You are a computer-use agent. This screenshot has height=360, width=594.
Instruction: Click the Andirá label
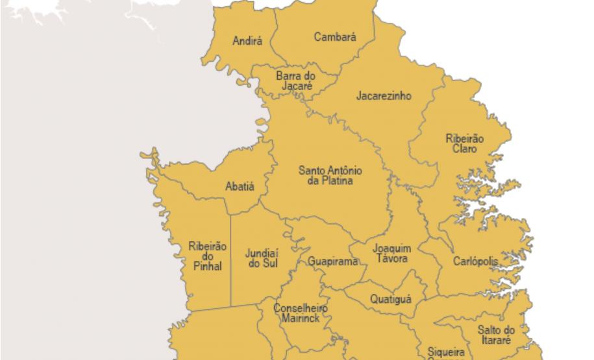coord(247,42)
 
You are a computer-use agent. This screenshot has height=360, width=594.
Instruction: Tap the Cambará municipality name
coord(335,38)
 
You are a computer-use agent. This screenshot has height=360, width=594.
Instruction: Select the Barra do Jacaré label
coord(295,81)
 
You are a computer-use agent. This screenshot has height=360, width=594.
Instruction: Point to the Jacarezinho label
coord(384,96)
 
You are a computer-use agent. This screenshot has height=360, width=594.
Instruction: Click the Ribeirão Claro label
coord(465,143)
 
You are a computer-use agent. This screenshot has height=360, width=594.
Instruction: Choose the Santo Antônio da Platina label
coord(330,176)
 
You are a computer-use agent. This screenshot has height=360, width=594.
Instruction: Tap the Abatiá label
coord(240,187)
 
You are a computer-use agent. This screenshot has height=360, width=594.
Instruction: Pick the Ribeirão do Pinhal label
coord(208,256)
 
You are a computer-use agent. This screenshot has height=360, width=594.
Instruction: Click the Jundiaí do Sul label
coord(262,258)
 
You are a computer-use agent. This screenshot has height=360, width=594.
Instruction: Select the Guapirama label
coord(333,262)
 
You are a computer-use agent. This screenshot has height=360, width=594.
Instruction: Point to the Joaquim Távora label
coord(392,254)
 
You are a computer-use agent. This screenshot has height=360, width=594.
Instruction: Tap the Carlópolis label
coord(476,261)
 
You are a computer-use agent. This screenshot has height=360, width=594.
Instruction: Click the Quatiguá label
coord(391,299)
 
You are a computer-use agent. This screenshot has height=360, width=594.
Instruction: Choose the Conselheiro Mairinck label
coord(300,313)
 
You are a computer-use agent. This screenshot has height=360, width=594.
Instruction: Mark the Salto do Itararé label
coord(496,335)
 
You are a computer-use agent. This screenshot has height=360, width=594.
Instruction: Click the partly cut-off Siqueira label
coord(445,353)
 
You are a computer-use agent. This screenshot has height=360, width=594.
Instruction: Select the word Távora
coord(392,259)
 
